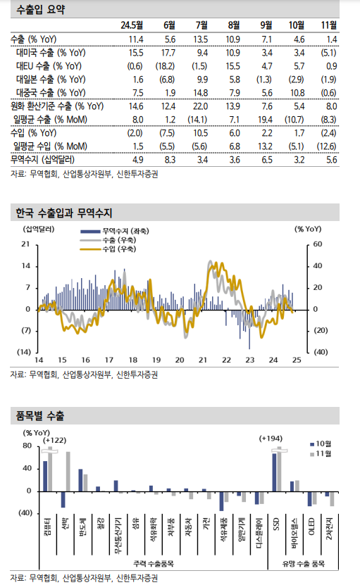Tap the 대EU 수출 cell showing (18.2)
tap(166, 66)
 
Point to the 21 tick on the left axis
tap(25, 244)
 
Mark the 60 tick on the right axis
tap(317, 244)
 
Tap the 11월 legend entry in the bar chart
tap(321, 455)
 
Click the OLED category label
tap(311, 524)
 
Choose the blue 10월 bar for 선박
tap(63, 499)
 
